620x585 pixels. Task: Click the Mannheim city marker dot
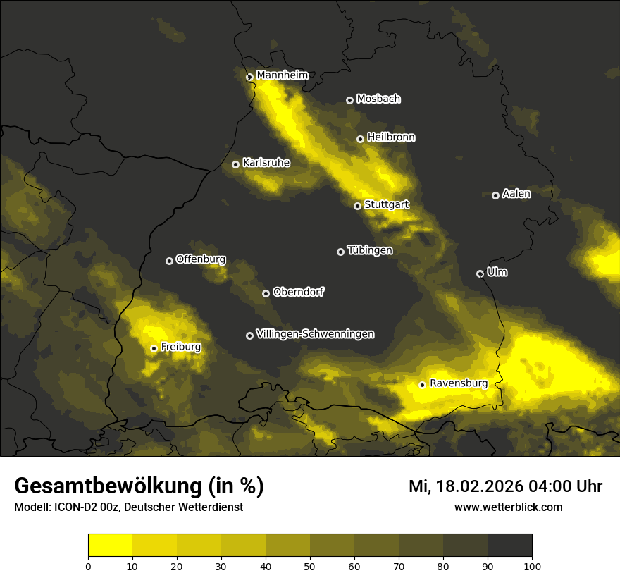point(249,78)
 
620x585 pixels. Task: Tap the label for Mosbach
point(378,99)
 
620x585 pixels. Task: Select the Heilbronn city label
point(391,137)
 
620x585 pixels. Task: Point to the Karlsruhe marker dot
point(236,164)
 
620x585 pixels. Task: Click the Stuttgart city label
point(386,205)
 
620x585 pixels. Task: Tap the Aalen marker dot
point(495,195)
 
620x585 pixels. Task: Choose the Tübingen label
point(370,250)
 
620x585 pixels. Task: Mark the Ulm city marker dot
point(480,273)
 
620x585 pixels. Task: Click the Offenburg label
point(201,259)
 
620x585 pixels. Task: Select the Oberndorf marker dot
point(266,293)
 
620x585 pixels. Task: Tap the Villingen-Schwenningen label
point(315,334)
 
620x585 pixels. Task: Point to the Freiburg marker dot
point(154,348)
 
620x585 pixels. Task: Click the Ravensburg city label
point(459,383)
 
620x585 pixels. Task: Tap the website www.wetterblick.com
point(508,507)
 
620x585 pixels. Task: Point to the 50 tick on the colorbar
point(310,565)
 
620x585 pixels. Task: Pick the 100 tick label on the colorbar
point(532,565)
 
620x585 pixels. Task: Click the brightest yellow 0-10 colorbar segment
point(110,545)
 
